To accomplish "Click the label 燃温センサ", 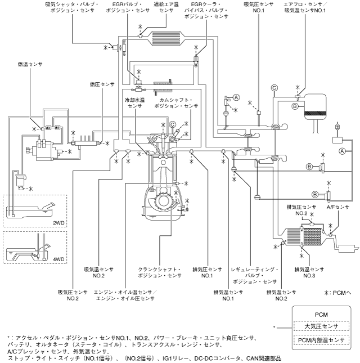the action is point(30,64).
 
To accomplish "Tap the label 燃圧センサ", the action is point(102,84).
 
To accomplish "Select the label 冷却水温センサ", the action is point(134,103).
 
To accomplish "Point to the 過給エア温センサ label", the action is point(166,7).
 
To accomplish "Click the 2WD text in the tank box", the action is point(58,223).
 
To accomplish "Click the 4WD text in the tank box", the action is point(58,259).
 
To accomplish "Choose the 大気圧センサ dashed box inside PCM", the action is point(321,326).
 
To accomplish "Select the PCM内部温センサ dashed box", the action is point(321,340).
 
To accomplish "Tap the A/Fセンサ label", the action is point(338,207).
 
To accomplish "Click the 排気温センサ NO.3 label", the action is point(309,272).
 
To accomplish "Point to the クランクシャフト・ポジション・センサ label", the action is point(160,272).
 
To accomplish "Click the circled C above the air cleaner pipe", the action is point(274,88).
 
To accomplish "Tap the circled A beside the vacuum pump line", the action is point(342,151).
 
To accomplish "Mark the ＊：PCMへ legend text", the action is point(338,293).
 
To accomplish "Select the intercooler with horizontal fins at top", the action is point(166,38).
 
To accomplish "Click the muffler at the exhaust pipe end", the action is point(348,248).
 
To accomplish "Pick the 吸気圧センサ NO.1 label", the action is point(259,7).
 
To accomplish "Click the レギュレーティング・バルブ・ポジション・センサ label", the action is point(254,276).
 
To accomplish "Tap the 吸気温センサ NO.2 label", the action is point(99,272).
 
